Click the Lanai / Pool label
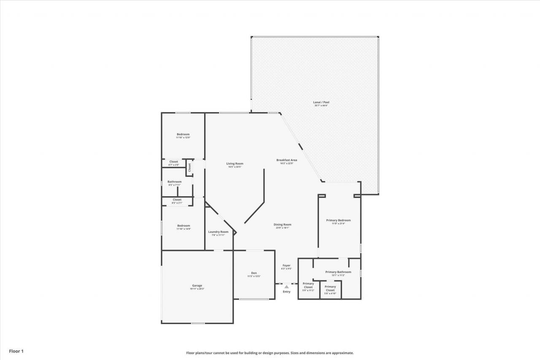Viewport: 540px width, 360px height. (x=321, y=102)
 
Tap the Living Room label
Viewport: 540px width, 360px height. (x=235, y=164)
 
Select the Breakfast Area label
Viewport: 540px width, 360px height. (x=287, y=160)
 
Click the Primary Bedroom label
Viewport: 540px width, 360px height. (x=338, y=220)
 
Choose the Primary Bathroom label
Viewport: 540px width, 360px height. (x=338, y=272)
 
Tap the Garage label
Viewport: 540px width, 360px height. (x=197, y=286)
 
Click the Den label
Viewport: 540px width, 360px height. (x=254, y=273)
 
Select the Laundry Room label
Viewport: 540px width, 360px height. (x=218, y=232)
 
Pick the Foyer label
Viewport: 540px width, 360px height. (x=286, y=265)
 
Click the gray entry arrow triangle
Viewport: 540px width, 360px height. (x=286, y=287)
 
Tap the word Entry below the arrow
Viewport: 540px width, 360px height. (x=286, y=292)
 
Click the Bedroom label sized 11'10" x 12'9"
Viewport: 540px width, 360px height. (x=183, y=134)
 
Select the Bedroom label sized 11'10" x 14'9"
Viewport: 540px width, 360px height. (x=183, y=226)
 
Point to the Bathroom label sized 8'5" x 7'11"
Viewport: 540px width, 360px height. (x=174, y=182)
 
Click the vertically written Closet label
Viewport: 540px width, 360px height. (x=190, y=167)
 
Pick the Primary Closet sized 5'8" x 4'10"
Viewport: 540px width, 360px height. (x=330, y=289)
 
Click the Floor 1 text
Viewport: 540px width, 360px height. (x=16, y=351)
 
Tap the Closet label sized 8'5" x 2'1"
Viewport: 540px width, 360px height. (x=177, y=200)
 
